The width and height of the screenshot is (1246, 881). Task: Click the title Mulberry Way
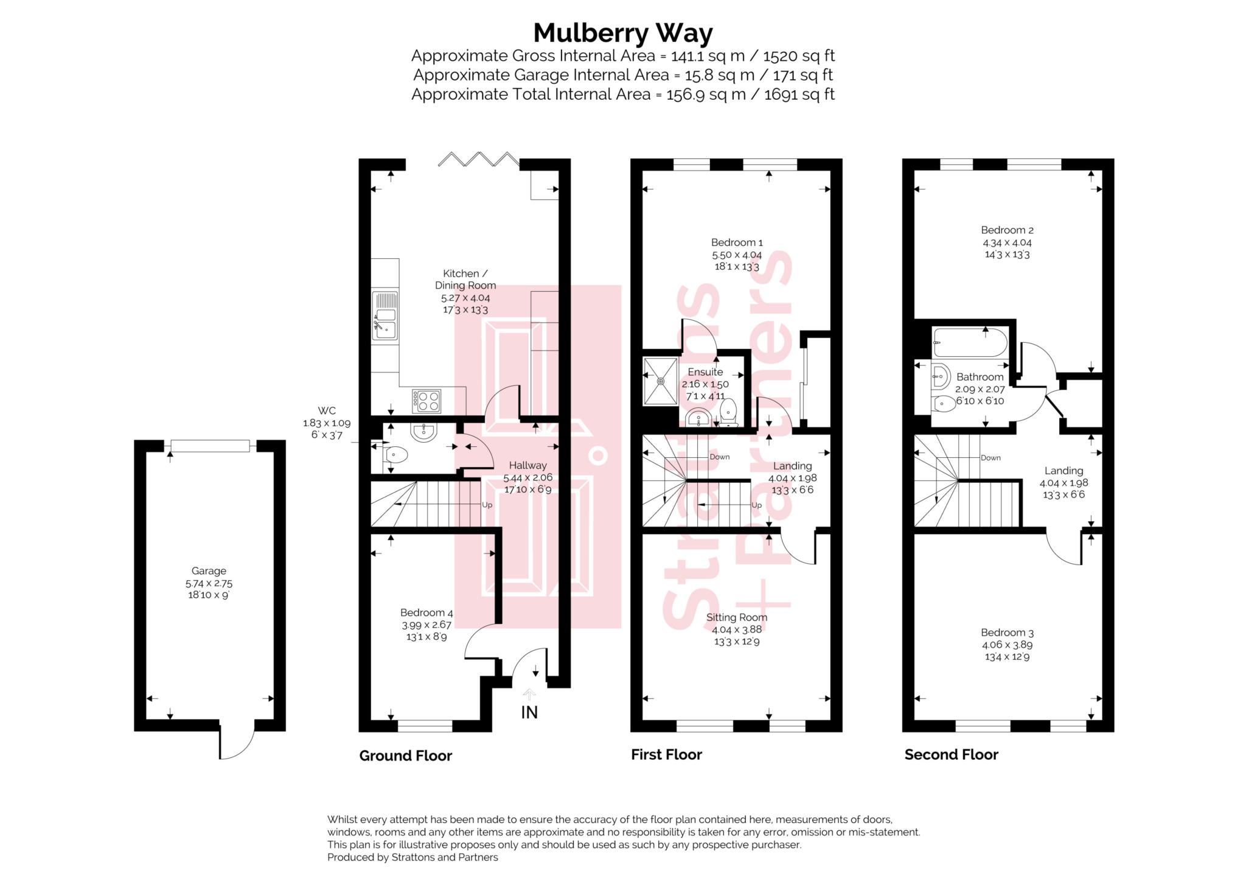pyautogui.click(x=622, y=33)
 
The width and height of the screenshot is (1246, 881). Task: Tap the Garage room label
pyautogui.click(x=209, y=570)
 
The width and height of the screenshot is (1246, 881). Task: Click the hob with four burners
pyautogui.click(x=426, y=401)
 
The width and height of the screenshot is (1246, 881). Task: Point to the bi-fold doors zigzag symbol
pyautogui.click(x=479, y=160)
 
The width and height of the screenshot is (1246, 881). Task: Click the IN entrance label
pyautogui.click(x=529, y=712)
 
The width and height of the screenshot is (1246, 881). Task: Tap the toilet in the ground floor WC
pyautogui.click(x=396, y=455)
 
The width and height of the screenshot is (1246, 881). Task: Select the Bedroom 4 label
pyautogui.click(x=426, y=612)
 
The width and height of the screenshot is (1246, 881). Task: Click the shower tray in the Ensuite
pyautogui.click(x=660, y=381)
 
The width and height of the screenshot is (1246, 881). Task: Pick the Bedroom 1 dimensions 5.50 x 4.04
pyautogui.click(x=737, y=255)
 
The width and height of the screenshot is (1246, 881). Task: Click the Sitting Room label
pyautogui.click(x=736, y=617)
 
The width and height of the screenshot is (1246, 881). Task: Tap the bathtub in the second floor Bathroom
pyautogui.click(x=969, y=343)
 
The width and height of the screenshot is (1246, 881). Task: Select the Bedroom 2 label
pyautogui.click(x=1007, y=230)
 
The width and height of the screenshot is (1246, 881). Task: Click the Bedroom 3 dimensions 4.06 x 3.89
pyautogui.click(x=1007, y=645)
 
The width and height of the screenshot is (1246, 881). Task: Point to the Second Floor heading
pyautogui.click(x=951, y=755)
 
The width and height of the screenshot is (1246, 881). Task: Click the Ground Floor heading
pyautogui.click(x=405, y=756)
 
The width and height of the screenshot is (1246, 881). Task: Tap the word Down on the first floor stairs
pyautogui.click(x=720, y=457)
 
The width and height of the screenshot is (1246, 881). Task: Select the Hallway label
pyautogui.click(x=527, y=465)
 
